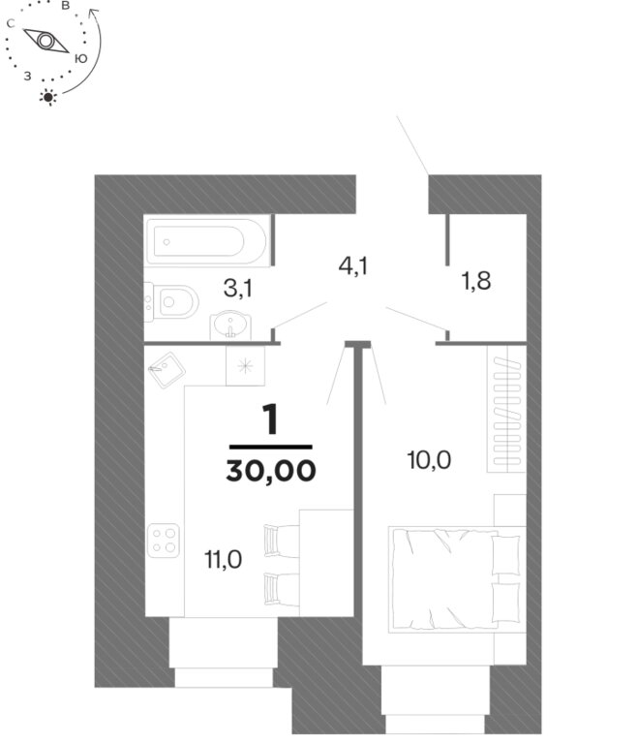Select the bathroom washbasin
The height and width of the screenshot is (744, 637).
[x=230, y=325]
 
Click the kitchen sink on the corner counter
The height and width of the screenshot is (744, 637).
[x=166, y=370]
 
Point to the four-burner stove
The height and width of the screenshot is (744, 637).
[x=164, y=541]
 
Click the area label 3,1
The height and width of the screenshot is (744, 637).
[x=237, y=288]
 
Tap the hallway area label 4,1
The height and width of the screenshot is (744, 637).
[x=353, y=265]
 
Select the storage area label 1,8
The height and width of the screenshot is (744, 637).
[x=475, y=280]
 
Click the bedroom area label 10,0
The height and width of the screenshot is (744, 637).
[x=429, y=460]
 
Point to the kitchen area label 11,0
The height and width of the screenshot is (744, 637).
[x=223, y=559]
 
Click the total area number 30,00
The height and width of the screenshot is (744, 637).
[x=271, y=471]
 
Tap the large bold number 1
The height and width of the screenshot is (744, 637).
[x=270, y=419]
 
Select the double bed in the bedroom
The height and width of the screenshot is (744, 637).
[x=457, y=579]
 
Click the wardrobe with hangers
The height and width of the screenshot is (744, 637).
[x=506, y=409]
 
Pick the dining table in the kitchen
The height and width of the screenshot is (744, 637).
[x=326, y=563]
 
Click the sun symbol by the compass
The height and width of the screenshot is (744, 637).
[x=47, y=97]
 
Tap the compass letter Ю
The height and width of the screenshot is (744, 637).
[x=81, y=58]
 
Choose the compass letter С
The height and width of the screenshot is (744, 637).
[x=11, y=23]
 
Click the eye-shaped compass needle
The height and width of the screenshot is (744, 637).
[x=46, y=41]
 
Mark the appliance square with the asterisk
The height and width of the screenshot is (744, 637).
[x=245, y=365]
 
